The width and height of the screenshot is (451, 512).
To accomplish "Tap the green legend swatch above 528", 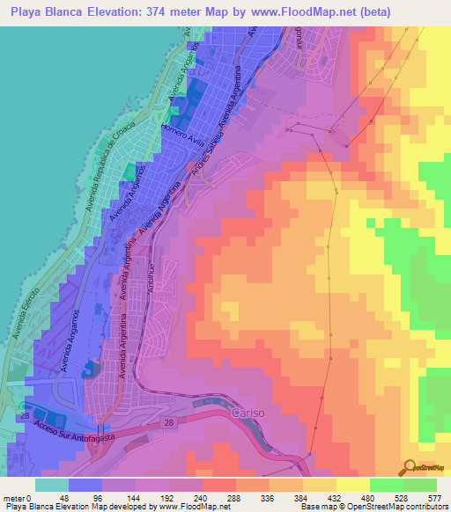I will tap(387, 485).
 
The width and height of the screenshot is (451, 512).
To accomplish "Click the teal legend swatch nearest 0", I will tap(52, 485).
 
